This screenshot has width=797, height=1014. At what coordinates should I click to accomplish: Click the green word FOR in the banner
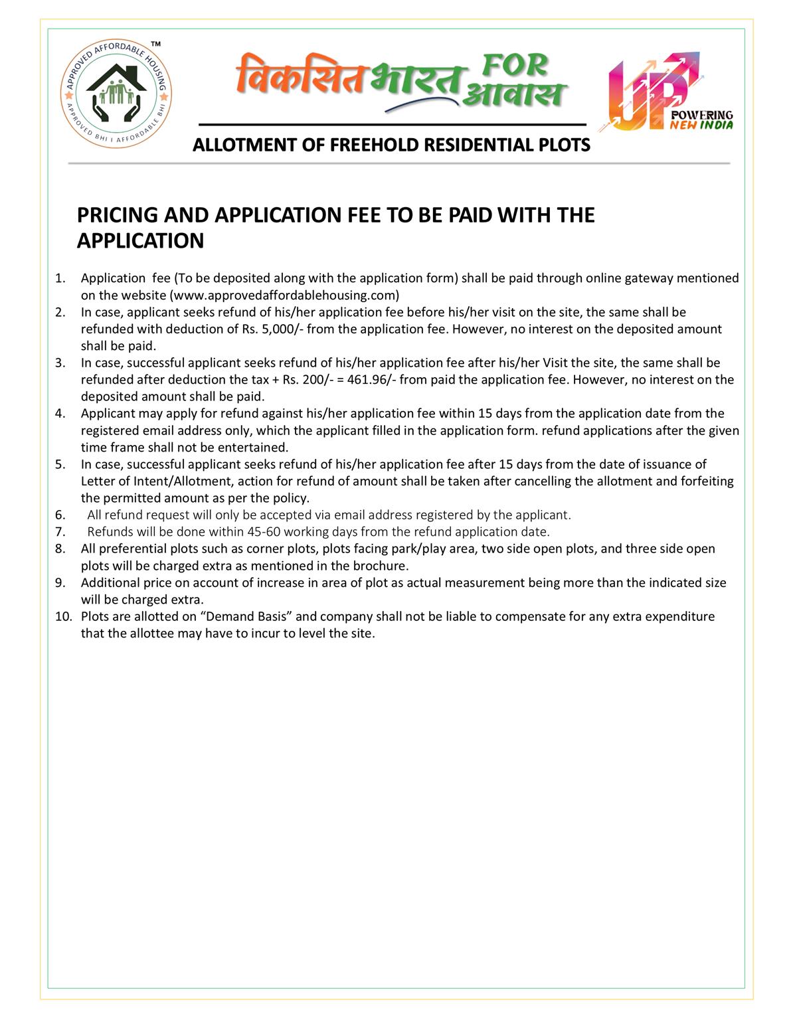pyautogui.click(x=515, y=66)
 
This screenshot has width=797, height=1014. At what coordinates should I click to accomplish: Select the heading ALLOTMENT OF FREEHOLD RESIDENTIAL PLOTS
pyautogui.click(x=391, y=145)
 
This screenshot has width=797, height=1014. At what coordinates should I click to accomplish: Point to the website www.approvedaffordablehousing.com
pyautogui.click(x=285, y=295)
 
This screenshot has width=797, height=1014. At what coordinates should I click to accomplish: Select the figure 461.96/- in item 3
pyautogui.click(x=372, y=380)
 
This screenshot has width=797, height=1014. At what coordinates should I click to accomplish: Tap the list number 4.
pyautogui.click(x=60, y=414)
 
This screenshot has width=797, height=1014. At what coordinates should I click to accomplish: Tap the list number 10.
pyautogui.click(x=62, y=616)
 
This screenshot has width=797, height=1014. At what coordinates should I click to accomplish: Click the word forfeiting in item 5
pyautogui.click(x=707, y=481)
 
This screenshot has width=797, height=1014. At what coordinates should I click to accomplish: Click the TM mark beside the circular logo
pyautogui.click(x=155, y=44)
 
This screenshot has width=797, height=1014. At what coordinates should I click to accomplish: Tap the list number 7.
pyautogui.click(x=60, y=532)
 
